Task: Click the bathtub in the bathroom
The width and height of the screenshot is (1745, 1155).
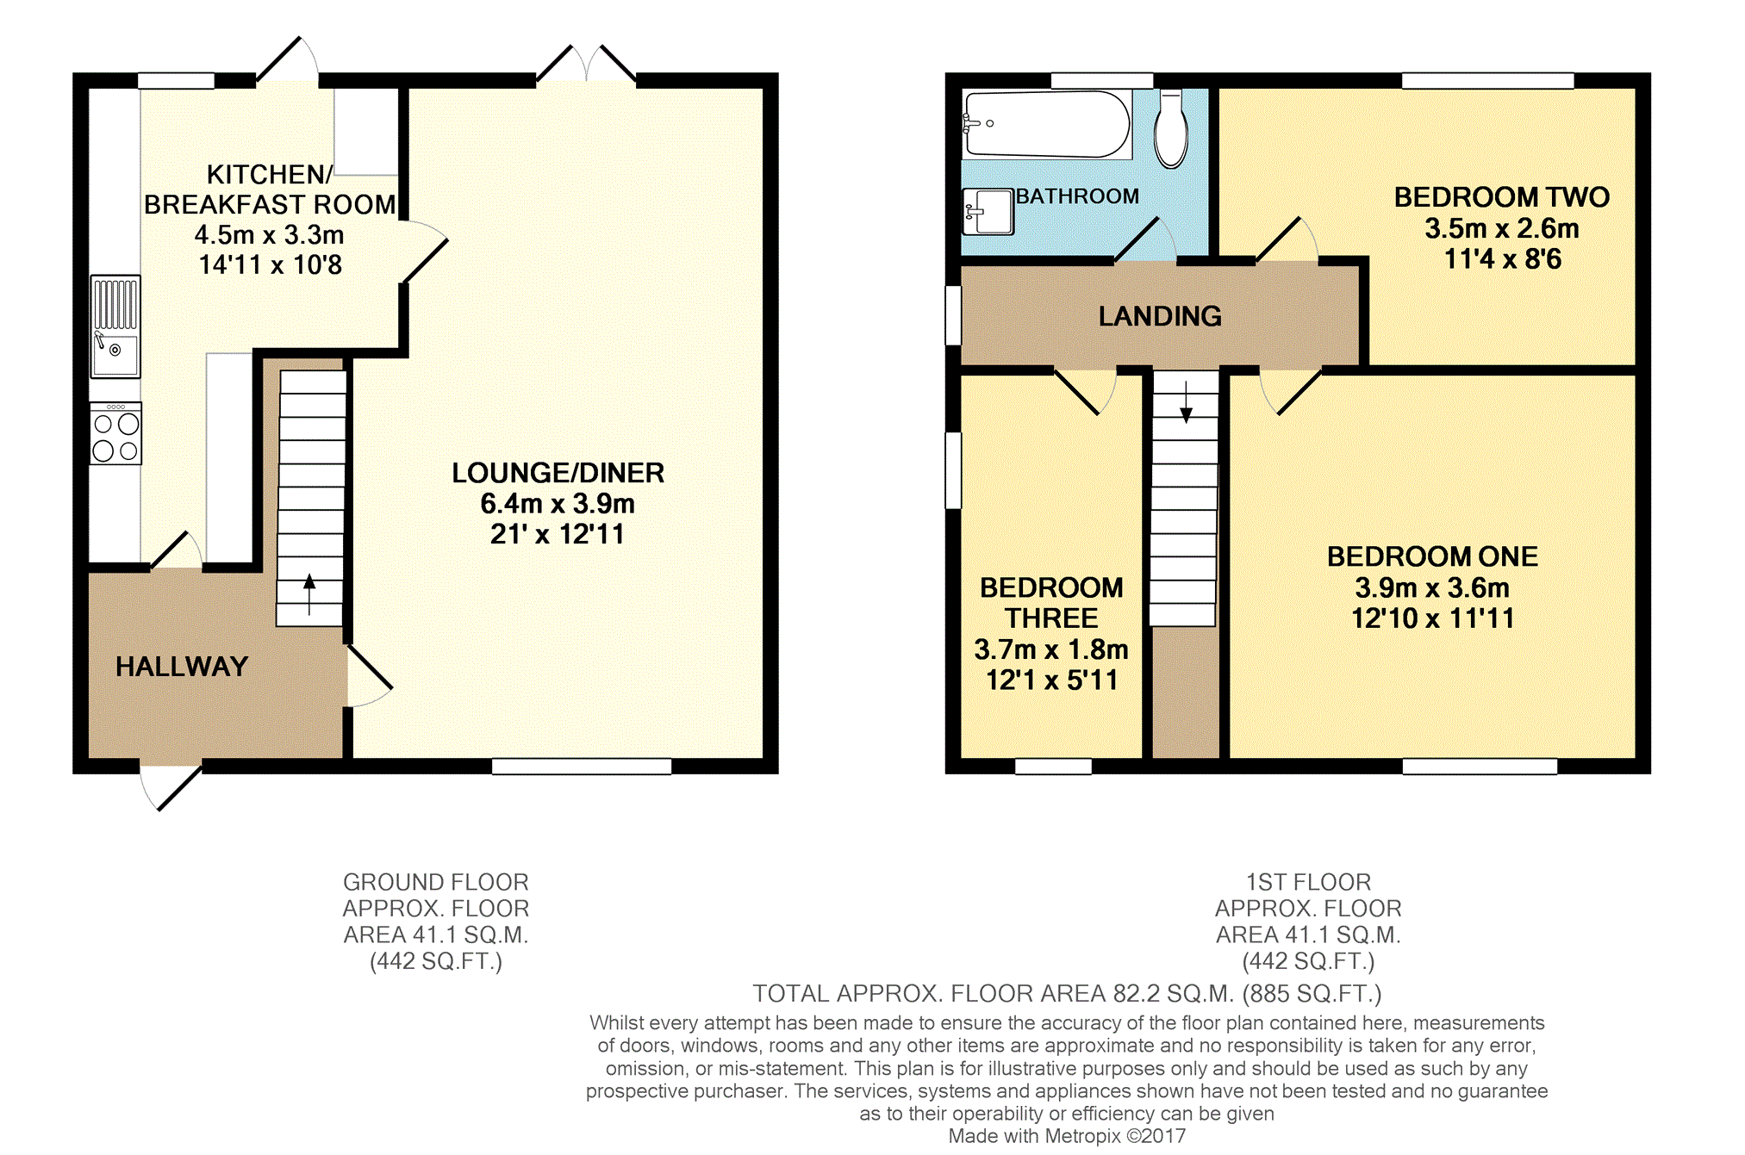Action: pyautogui.click(x=1047, y=124)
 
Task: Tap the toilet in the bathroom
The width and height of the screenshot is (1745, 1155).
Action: pyautogui.click(x=1171, y=128)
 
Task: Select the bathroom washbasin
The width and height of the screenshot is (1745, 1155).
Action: pyautogui.click(x=988, y=211)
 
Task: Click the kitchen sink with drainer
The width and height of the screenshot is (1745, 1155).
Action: pyautogui.click(x=115, y=326)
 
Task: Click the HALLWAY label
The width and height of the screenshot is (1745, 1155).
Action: pyautogui.click(x=182, y=667)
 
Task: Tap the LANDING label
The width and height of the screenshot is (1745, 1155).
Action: pyautogui.click(x=1160, y=316)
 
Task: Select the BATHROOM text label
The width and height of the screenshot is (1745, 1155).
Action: pyautogui.click(x=1077, y=196)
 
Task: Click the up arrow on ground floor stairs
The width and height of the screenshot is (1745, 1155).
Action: pyautogui.click(x=309, y=594)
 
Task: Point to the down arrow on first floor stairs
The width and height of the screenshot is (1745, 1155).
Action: pyautogui.click(x=1186, y=402)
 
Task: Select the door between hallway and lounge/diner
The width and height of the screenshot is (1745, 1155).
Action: pyautogui.click(x=369, y=676)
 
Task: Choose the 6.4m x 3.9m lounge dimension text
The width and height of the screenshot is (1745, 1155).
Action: pyautogui.click(x=558, y=503)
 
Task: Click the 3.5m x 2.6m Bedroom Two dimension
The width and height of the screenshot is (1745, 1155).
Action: pyautogui.click(x=1502, y=228)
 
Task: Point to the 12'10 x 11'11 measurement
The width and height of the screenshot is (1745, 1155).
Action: pyautogui.click(x=1432, y=618)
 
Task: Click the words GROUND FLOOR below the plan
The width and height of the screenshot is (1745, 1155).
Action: pyautogui.click(x=436, y=882)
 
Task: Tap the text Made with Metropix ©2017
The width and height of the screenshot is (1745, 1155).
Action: pyautogui.click(x=1067, y=1136)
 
